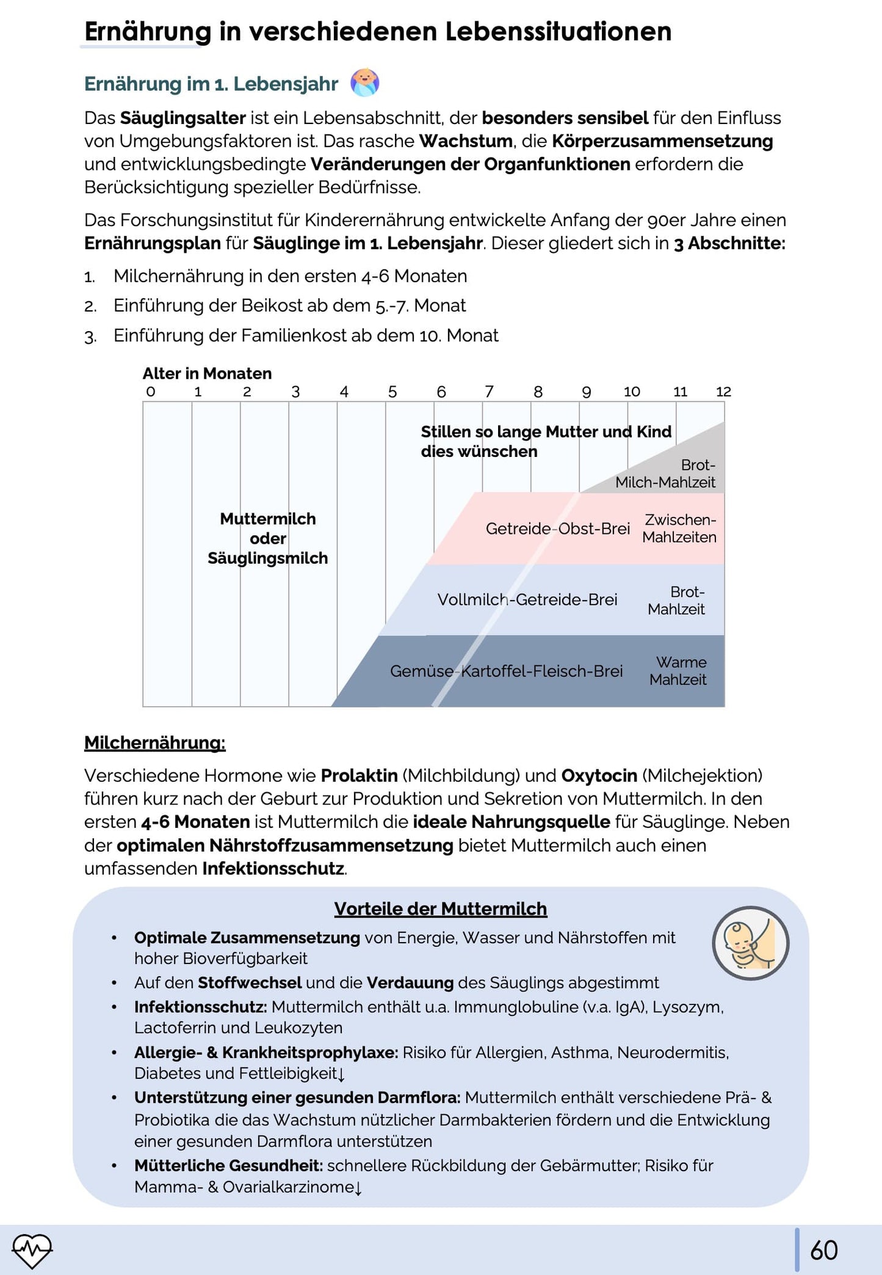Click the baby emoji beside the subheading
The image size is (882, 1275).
365,82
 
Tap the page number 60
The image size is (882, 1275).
823,1250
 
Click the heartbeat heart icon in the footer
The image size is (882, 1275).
32,1250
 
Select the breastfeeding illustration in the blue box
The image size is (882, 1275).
750,943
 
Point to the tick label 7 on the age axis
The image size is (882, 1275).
489,392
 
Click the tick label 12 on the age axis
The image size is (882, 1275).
723,392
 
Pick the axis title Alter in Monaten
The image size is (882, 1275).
207,373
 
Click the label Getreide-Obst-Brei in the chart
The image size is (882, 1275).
557,528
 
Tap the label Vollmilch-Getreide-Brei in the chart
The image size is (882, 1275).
527,599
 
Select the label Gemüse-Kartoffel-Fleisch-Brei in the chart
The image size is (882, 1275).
506,671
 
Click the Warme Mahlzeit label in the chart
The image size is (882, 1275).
679,671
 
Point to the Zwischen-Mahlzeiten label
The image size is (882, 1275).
679,528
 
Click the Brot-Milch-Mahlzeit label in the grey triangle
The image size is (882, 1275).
667,474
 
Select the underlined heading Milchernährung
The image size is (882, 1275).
154,743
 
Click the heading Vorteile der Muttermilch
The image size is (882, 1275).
440,908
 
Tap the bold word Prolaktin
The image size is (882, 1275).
359,775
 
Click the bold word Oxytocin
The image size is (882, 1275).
599,775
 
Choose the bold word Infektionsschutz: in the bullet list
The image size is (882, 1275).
200,1007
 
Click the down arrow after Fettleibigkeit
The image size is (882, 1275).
341,1074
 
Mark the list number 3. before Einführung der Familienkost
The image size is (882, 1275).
90,336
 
